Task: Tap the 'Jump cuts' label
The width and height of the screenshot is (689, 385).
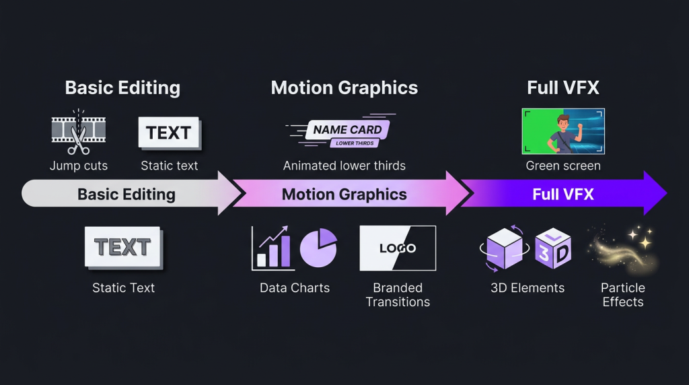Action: pos(79,166)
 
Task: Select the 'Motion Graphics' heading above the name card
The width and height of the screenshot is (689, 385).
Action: pos(344,87)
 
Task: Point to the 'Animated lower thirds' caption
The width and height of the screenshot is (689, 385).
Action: pos(344,166)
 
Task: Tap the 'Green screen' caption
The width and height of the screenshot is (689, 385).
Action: pos(563,166)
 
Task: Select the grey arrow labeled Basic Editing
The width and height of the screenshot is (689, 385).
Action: pos(126,195)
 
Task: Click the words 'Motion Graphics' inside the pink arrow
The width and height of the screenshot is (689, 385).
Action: pos(344,195)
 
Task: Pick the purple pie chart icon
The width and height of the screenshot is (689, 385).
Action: pos(318,248)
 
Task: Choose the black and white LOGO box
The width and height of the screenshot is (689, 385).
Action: pos(398,248)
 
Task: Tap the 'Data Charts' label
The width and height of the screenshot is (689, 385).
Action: pos(295,288)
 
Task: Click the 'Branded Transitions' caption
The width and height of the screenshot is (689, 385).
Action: pos(398,295)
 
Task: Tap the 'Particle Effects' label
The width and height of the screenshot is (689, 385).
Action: pos(622,295)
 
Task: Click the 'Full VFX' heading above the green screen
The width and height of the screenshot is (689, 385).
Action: pos(563,87)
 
